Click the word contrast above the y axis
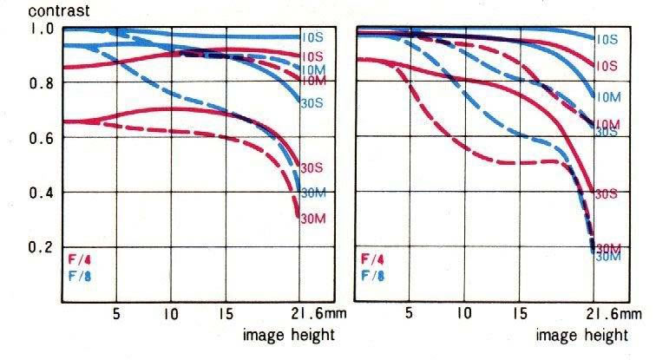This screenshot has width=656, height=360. pos(29,11)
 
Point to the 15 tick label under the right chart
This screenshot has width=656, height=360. pos(520,311)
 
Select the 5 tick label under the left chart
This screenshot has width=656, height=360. pos(115,311)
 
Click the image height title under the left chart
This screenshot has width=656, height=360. pos(287,334)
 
